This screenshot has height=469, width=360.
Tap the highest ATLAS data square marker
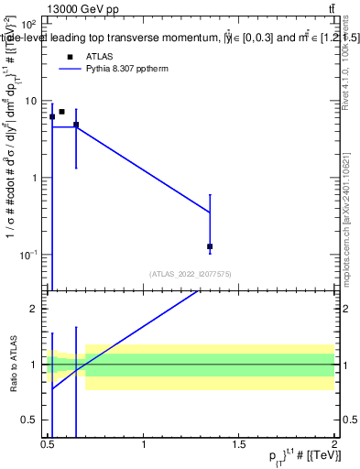(x=62, y=112)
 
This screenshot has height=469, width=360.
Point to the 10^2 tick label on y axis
(x=29, y=24)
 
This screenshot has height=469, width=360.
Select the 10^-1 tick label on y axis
(x=27, y=254)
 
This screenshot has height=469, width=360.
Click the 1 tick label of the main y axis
(x=35, y=178)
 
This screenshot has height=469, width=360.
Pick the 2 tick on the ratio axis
(x=35, y=309)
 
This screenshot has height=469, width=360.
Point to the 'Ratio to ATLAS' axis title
(x=11, y=364)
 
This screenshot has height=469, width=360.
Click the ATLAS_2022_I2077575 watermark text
(x=191, y=273)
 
